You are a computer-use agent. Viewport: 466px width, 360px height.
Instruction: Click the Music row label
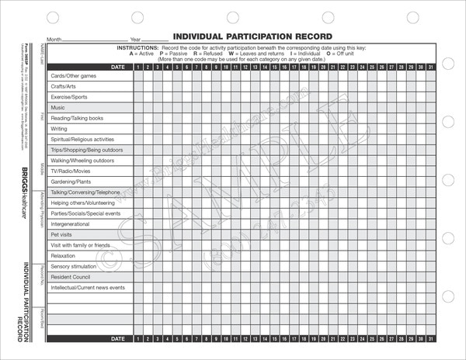tap(58, 108)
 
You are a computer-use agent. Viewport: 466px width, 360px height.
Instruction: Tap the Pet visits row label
tap(62, 234)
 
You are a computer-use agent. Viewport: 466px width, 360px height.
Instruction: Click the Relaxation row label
tap(63, 255)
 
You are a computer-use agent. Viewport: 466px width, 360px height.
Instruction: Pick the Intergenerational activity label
tap(70, 223)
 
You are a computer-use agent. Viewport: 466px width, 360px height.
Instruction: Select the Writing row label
tap(59, 129)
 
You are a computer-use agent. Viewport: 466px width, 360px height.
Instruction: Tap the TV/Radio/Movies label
tap(70, 171)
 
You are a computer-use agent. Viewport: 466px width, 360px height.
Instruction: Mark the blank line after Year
tap(155, 39)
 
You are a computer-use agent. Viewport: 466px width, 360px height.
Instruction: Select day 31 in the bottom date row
tap(431, 339)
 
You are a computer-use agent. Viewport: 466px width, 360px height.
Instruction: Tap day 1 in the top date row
tap(137, 67)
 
